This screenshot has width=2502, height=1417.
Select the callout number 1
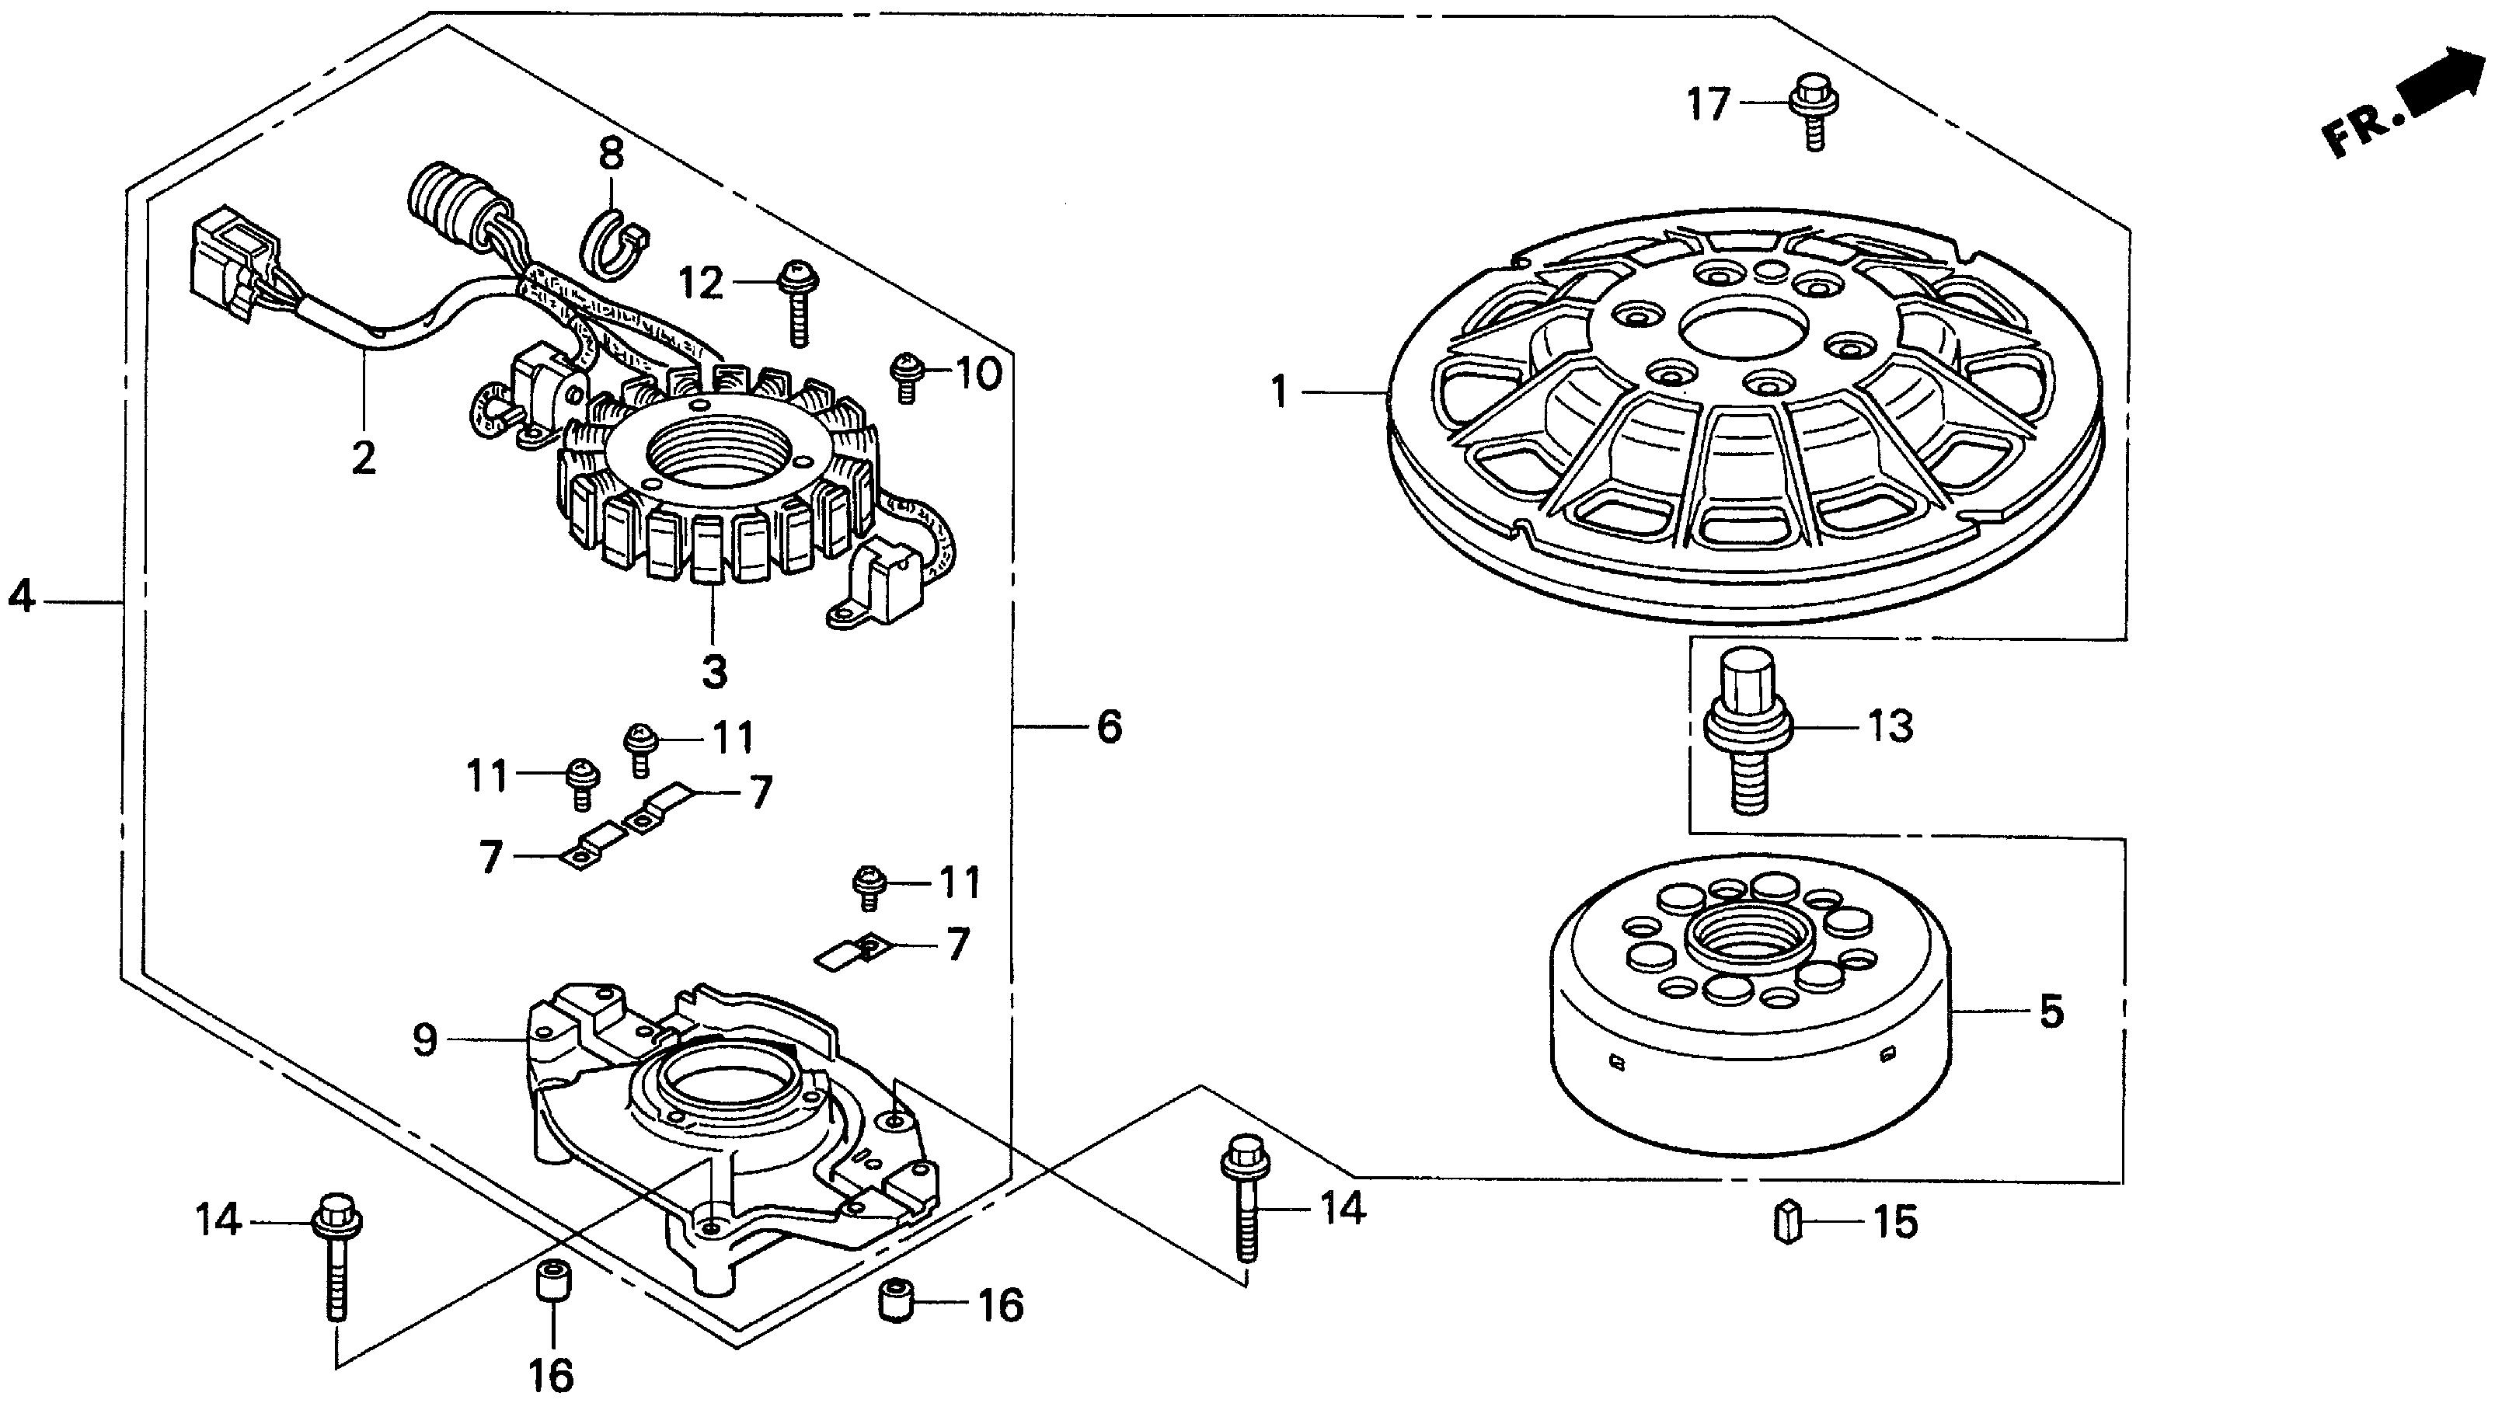[x=1279, y=392]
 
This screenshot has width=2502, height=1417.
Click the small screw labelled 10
[x=906, y=377]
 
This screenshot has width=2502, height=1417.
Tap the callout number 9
[x=425, y=1040]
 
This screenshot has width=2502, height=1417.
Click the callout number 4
[x=22, y=596]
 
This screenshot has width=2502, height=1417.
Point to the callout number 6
[x=1110, y=726]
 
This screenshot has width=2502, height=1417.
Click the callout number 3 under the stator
[x=714, y=670]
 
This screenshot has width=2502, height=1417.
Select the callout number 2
[x=363, y=458]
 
